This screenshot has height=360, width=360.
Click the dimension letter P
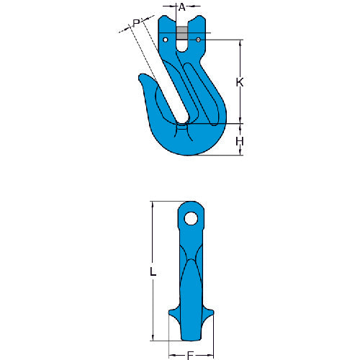(x=136, y=24)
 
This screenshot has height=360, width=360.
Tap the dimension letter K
(x=240, y=83)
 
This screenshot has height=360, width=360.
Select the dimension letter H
(x=240, y=141)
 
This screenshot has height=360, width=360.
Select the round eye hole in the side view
(x=190, y=217)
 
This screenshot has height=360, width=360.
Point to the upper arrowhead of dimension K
(x=240, y=41)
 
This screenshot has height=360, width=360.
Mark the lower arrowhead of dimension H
(x=240, y=153)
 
